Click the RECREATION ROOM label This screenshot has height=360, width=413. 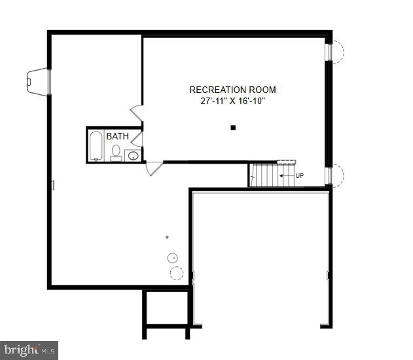pyautogui.click(x=232, y=90)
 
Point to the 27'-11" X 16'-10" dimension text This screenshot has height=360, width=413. pyautogui.click(x=232, y=101)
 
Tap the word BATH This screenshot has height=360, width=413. pyautogui.click(x=117, y=137)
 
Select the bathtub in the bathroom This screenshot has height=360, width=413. pyautogui.click(x=96, y=146)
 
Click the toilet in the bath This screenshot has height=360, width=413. pyautogui.click(x=116, y=152)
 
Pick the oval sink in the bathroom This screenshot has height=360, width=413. pyautogui.click(x=133, y=156)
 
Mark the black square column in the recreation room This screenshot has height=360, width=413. pyautogui.click(x=232, y=128)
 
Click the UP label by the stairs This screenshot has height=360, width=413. pyautogui.click(x=300, y=176)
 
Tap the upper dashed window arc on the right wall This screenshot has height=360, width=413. pyautogui.click(x=338, y=51)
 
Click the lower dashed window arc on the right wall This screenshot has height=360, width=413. pyautogui.click(x=338, y=175)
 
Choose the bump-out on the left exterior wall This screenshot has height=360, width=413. pyautogui.click(x=37, y=81)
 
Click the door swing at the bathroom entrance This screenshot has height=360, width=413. pyautogui.click(x=137, y=139)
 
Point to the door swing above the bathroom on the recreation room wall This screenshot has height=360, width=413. pyautogui.click(x=137, y=112)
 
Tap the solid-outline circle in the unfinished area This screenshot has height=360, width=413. pyautogui.click(x=172, y=257)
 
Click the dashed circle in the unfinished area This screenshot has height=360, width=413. pyautogui.click(x=176, y=273)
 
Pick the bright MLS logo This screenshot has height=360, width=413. pyautogui.click(x=29, y=350)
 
